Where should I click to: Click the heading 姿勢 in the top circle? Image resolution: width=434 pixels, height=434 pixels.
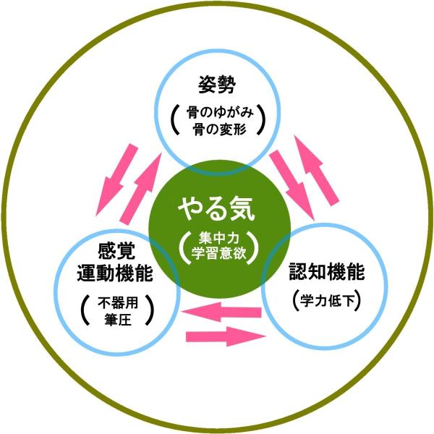(x=217, y=85)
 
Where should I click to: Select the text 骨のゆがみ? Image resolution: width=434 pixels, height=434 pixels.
(x=220, y=113)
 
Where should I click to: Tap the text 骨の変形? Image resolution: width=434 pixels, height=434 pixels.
(x=220, y=129)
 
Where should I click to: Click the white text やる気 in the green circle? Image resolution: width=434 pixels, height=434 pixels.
(x=216, y=209)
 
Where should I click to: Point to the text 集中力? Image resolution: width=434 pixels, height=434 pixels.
(x=218, y=237)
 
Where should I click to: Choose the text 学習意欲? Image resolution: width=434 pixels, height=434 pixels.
(x=218, y=253)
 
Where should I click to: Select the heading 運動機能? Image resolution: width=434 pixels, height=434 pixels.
(x=115, y=273)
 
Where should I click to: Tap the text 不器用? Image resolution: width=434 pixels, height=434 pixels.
(x=118, y=302)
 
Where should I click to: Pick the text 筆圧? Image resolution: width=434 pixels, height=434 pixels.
(x=118, y=320)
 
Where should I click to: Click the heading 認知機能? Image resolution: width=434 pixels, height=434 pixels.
(x=327, y=271)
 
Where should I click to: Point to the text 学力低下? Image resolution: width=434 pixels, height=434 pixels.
(x=327, y=301)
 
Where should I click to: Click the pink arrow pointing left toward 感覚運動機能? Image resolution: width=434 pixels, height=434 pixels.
(x=221, y=312)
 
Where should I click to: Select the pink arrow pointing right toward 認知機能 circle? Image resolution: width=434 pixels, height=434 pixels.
(x=226, y=336)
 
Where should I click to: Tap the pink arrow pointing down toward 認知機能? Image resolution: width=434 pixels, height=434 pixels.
(x=292, y=185)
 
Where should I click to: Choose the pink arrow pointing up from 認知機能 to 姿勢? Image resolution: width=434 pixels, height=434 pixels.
(x=316, y=171)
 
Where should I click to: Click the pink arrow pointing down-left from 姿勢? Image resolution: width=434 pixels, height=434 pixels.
(x=117, y=180)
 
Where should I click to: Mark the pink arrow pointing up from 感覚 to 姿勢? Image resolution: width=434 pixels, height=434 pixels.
(x=141, y=190)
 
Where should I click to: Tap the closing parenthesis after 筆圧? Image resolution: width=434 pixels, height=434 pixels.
(x=150, y=310)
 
